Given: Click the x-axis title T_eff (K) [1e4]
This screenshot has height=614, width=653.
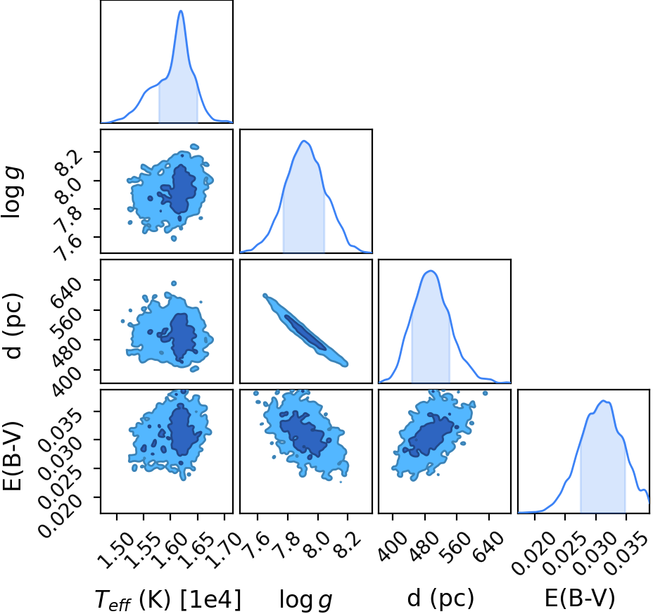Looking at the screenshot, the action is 168,600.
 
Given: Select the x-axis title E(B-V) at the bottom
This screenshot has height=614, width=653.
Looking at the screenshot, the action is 580,599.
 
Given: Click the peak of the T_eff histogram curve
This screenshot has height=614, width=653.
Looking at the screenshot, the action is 181,11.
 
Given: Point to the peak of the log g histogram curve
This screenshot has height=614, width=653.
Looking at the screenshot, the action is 304,141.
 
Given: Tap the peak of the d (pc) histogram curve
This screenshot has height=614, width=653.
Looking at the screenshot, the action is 431,271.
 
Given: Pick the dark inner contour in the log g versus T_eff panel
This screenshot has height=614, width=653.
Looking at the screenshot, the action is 179,189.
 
